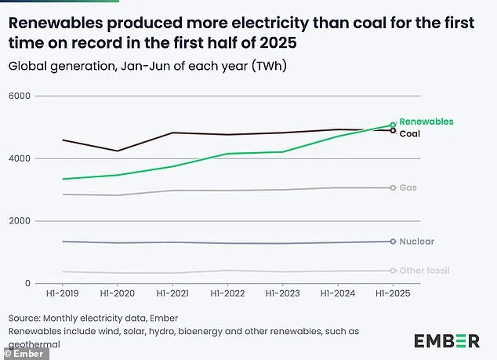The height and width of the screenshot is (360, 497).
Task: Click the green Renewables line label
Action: [426, 122]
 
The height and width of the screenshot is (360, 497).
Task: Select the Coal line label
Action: [411, 134]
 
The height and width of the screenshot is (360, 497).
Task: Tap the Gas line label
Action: [408, 188]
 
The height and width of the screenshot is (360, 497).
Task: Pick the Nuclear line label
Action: [416, 242]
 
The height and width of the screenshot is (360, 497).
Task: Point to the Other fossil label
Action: [424, 271]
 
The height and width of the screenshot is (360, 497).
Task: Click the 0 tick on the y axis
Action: [27, 283]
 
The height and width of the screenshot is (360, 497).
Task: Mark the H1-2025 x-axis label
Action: [393, 293]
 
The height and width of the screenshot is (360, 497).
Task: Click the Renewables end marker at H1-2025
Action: [393, 125]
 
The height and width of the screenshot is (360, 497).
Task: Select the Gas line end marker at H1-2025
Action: [393, 187]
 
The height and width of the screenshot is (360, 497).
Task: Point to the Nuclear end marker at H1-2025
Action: [393, 242]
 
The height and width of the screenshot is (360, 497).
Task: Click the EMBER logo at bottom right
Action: [446, 340]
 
